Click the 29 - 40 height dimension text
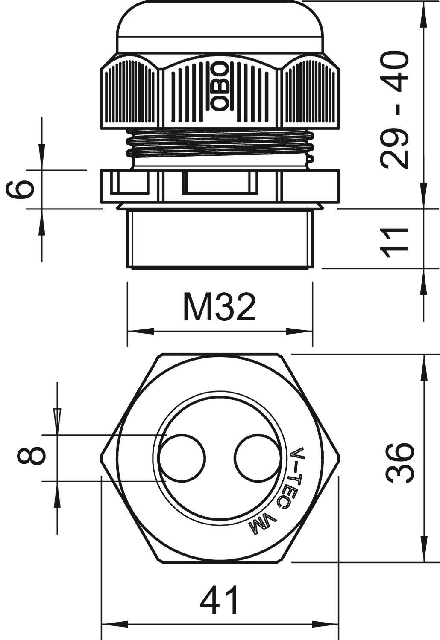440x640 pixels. point(395,110)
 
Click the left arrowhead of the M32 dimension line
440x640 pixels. point(141,332)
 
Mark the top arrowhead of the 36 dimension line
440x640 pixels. point(424,368)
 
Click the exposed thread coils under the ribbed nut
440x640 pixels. point(220,144)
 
